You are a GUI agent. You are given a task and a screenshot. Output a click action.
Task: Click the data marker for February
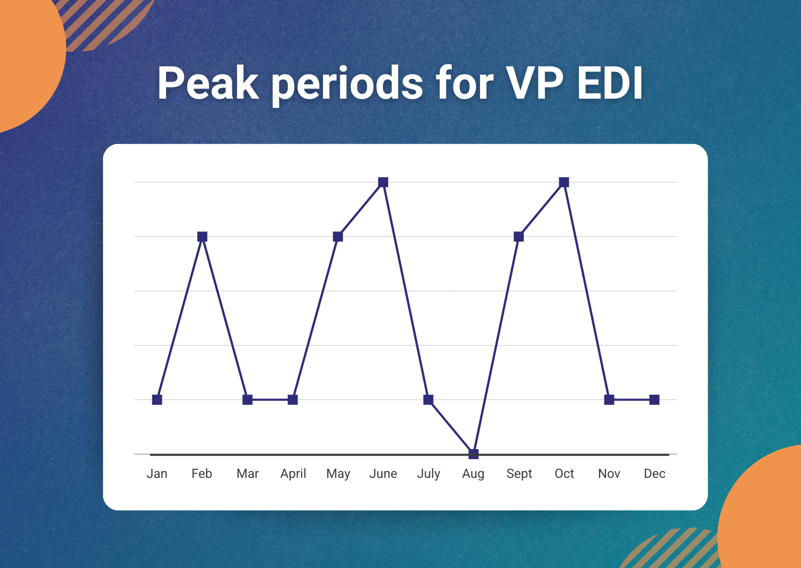202,236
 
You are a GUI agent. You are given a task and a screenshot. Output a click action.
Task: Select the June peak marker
383,182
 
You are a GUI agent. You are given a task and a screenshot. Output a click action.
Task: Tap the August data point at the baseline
474,454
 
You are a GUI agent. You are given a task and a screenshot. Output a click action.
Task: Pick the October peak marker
564,182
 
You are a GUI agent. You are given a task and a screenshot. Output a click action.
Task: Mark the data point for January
157,400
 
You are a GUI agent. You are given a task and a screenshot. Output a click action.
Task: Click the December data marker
654,400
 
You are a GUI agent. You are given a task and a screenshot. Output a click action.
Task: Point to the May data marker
338,236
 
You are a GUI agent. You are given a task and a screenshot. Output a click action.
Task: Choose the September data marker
519,236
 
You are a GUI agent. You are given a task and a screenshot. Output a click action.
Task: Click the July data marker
428,400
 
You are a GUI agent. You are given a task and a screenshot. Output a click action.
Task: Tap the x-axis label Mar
247,474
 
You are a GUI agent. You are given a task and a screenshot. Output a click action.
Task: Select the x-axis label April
293,474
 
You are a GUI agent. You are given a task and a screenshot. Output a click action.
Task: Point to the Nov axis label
609,474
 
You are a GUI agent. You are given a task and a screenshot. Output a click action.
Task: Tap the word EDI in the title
610,83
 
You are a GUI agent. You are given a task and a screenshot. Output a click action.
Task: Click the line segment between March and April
270,400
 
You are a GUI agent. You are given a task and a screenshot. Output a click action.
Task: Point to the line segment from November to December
632,400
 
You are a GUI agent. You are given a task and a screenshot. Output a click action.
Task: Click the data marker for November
609,400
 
